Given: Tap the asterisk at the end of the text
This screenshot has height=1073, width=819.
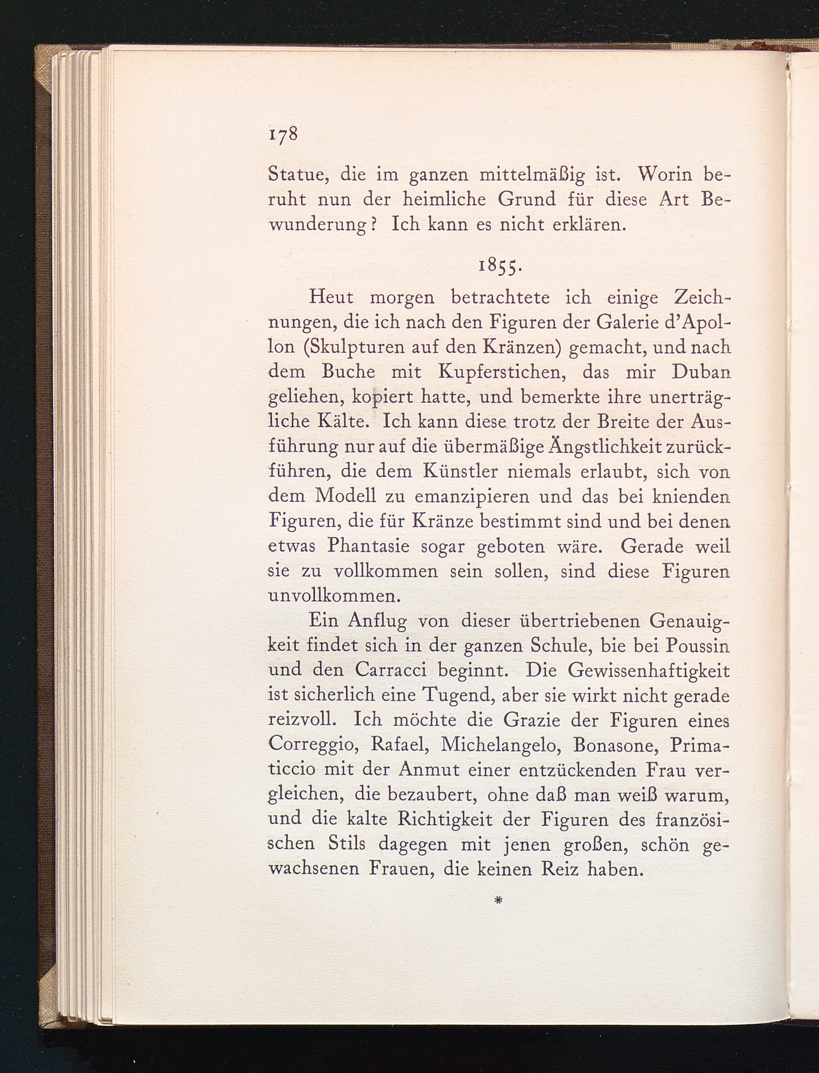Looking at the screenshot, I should pyautogui.click(x=498, y=902).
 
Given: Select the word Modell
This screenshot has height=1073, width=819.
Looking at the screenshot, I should pyautogui.click(x=345, y=496).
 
